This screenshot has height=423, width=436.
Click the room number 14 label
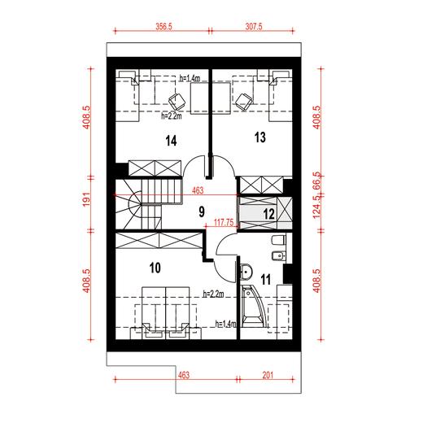click(171, 141)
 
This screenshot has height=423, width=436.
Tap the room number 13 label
click(260, 137)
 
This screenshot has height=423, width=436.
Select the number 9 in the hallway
click(202, 211)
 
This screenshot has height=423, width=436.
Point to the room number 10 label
click(155, 268)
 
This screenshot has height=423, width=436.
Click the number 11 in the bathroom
click(266, 279)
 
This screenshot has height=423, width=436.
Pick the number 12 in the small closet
click(269, 214)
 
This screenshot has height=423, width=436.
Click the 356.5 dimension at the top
click(163, 26)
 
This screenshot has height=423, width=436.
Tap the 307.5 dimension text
click(254, 26)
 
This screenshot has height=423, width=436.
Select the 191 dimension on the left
click(87, 199)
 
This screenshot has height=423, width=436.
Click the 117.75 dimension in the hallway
click(224, 222)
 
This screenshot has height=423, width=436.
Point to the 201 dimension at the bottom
click(268, 375)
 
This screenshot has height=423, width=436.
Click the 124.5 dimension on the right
click(316, 207)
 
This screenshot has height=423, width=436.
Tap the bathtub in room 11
click(254, 306)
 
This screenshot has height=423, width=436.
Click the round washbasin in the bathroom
click(246, 272)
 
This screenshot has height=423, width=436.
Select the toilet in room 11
click(279, 240)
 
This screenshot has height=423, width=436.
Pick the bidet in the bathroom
click(278, 256)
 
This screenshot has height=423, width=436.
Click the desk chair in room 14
click(177, 101)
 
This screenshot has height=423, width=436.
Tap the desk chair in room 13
click(244, 102)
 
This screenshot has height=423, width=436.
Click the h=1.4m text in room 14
click(190, 78)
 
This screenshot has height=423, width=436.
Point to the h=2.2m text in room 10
click(214, 294)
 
